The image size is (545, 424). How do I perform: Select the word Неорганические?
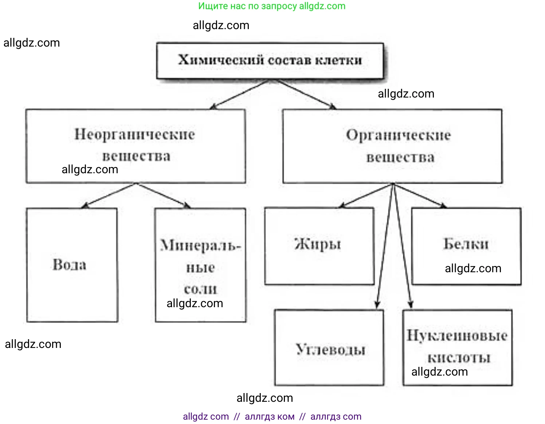(135, 134)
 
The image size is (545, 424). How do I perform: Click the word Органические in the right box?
(398, 135)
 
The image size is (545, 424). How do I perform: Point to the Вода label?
(70, 265)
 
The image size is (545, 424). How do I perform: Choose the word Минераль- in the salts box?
(200, 246)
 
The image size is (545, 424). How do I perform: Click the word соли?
(200, 289)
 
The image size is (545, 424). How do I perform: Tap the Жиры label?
(318, 244)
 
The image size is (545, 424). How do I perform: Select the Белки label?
(466, 244)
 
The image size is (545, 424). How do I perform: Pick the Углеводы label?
(330, 349)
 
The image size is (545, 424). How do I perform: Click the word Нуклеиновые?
(457, 335)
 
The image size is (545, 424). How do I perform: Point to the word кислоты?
(459, 358)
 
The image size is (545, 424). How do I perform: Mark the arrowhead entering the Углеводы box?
(377, 304)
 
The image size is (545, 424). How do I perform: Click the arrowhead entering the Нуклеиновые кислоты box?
(411, 304)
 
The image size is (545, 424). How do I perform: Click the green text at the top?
(272, 6)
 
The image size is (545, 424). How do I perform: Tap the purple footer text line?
(272, 416)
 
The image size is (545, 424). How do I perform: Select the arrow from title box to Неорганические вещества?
(239, 95)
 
